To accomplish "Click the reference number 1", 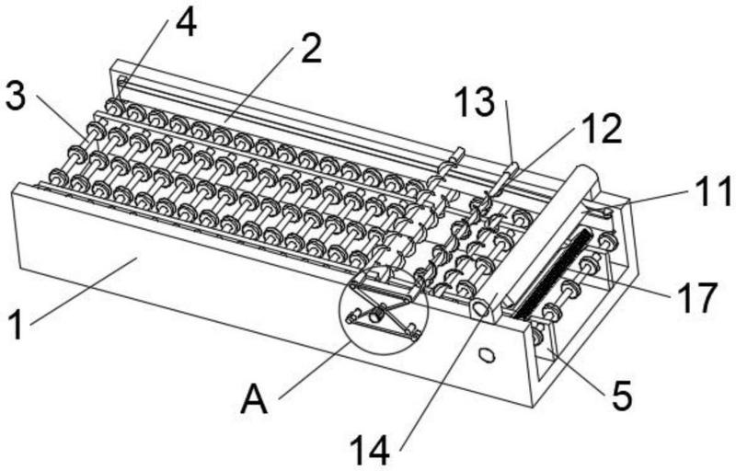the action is pyautogui.click(x=16, y=326).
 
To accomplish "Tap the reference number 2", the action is pyautogui.click(x=311, y=49).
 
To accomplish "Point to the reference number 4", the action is pyautogui.click(x=186, y=22).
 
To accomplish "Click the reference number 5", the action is pyautogui.click(x=622, y=395).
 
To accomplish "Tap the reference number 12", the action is pyautogui.click(x=603, y=128).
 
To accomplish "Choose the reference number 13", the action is pyautogui.click(x=474, y=102).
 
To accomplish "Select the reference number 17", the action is pyautogui.click(x=697, y=297).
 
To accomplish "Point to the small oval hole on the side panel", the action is pyautogui.click(x=488, y=354).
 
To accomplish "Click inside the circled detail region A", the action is pyautogui.click(x=384, y=310).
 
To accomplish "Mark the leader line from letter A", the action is pyautogui.click(x=315, y=371).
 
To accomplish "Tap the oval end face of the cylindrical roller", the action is pyautogui.click(x=479, y=309).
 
